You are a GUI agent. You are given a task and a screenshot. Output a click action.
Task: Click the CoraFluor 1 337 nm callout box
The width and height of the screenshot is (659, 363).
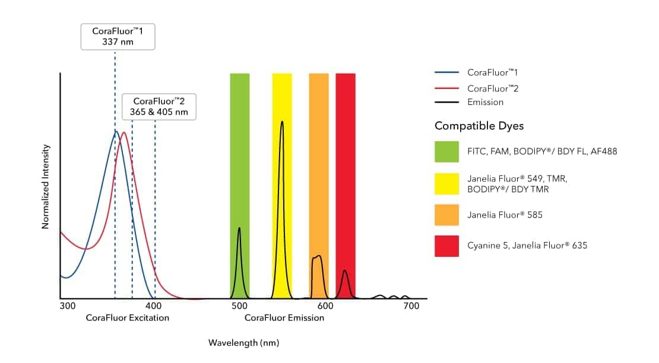coord(118,37)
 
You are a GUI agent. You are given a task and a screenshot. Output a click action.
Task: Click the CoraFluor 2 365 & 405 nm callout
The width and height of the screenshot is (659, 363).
coord(159,107)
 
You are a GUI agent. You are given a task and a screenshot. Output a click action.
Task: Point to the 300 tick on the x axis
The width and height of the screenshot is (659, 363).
coord(67,306)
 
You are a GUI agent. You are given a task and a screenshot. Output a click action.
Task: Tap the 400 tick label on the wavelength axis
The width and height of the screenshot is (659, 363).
coord(154,306)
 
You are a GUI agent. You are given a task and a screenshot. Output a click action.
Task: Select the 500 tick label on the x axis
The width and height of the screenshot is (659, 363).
coord(239,306)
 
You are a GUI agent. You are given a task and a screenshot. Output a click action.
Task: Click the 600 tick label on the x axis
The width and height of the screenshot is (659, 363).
coord(325,306)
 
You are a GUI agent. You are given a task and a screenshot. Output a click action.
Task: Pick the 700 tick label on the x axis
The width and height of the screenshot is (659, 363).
coord(411,306)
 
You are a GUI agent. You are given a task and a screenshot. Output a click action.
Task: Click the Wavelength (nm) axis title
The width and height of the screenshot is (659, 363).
coord(243,343)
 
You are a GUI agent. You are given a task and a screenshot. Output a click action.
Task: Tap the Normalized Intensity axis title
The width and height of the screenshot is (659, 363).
coord(45,186)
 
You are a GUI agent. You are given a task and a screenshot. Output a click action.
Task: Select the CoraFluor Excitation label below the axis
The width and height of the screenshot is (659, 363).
coord(127,318)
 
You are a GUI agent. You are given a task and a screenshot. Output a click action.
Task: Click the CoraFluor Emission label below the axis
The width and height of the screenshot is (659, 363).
coord(284,318)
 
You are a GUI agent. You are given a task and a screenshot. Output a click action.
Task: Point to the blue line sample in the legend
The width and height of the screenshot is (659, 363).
coord(446,72)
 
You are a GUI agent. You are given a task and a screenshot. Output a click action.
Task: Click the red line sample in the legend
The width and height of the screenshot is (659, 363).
coord(446,88)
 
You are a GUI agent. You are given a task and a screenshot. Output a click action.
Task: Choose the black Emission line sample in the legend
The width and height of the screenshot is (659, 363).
coord(446,102)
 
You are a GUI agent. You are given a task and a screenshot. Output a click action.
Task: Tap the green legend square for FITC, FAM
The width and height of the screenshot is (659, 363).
coord(446,151)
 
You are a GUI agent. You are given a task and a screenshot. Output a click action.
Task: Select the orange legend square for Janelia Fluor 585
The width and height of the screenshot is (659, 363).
coord(446,215)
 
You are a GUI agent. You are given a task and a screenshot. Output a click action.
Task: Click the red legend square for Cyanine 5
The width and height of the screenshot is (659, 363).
coord(446,246)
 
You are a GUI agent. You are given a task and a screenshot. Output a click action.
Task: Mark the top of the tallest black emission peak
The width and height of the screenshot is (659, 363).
coord(282,122)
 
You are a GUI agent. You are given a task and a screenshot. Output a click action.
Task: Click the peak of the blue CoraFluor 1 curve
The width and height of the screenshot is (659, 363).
coord(117,131)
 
